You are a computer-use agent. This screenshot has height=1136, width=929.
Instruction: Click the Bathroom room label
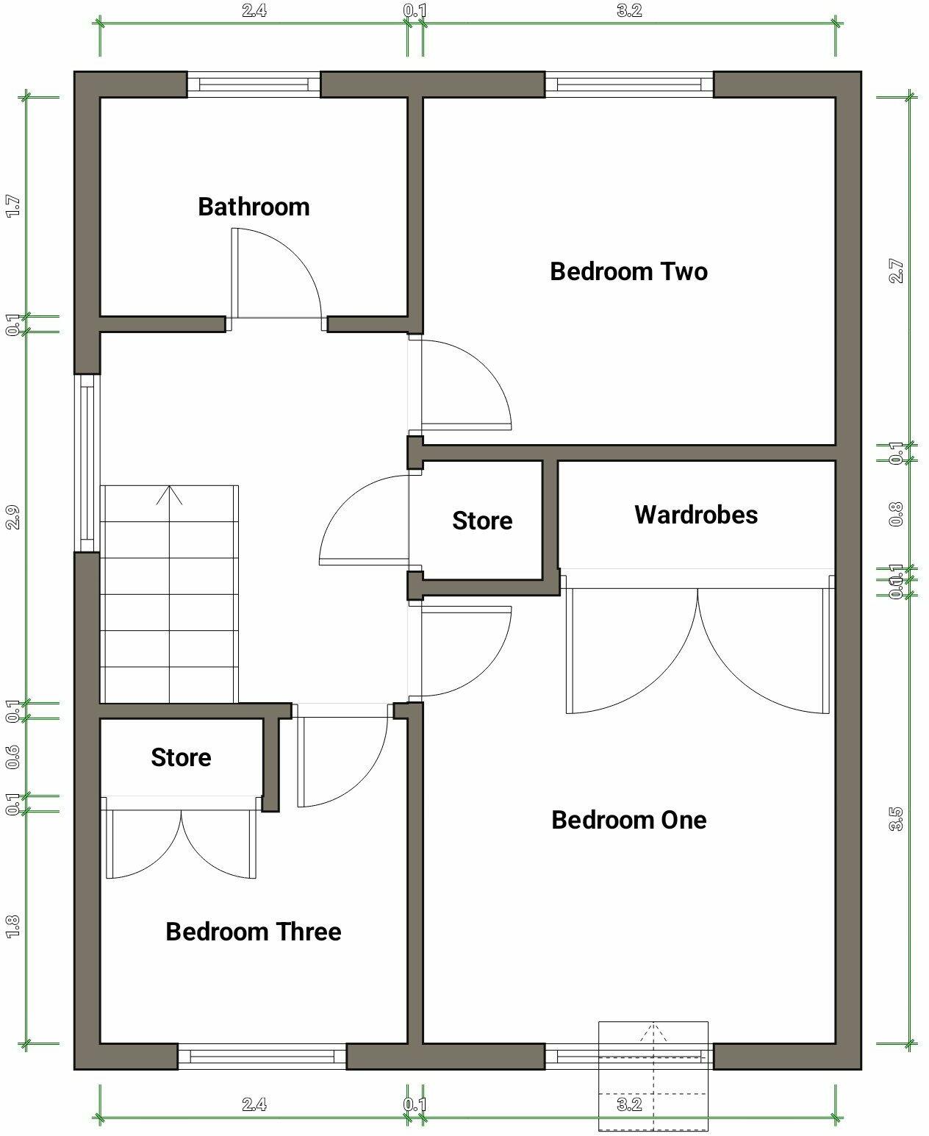[254, 207]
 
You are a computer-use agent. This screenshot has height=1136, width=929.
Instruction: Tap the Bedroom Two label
[628, 271]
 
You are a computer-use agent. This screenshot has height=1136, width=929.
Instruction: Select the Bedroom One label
[628, 820]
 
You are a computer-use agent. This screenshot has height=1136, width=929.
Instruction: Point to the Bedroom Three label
[253, 932]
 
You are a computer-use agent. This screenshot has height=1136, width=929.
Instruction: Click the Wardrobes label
[695, 515]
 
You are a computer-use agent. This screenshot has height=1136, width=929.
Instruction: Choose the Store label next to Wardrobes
[482, 521]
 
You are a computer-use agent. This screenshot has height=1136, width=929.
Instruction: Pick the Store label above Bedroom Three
[181, 757]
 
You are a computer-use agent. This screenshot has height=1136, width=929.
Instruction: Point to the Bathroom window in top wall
[254, 85]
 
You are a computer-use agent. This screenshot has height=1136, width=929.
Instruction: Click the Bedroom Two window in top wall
[628, 85]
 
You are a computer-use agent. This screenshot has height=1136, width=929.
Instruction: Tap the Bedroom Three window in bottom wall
[262, 1057]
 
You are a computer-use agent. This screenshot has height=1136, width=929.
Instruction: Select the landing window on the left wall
[87, 463]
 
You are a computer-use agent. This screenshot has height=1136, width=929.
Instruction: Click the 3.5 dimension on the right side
[896, 818]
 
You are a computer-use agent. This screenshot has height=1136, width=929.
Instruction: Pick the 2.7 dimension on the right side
[896, 271]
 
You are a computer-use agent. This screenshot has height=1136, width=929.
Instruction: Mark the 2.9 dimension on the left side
[12, 518]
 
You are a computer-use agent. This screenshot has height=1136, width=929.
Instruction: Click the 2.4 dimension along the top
[254, 11]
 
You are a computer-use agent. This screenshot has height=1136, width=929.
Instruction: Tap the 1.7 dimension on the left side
[12, 206]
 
